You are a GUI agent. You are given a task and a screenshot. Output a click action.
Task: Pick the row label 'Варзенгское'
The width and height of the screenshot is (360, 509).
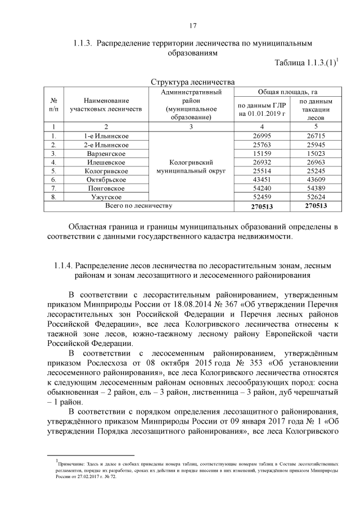pos(106,153)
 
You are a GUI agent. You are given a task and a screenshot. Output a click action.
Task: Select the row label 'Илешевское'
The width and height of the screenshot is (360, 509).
pos(106,162)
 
